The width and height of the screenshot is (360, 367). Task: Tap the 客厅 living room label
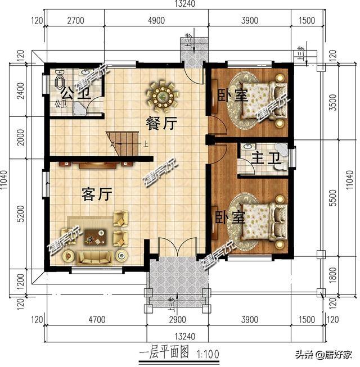click(x=97, y=194)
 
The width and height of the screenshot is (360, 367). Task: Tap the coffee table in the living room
click(x=96, y=238)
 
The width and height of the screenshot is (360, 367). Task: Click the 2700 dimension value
click(x=75, y=21)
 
